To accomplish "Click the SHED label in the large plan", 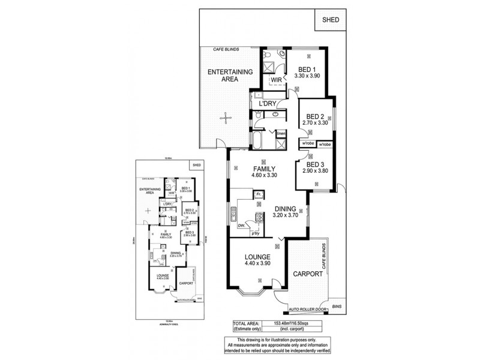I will tap(330, 20).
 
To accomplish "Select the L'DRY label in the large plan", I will tap(268, 104).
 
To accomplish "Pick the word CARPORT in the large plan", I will tap(308, 274).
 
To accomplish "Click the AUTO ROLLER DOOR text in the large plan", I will tap(307, 309).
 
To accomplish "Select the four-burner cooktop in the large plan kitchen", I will tap(259, 218).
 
